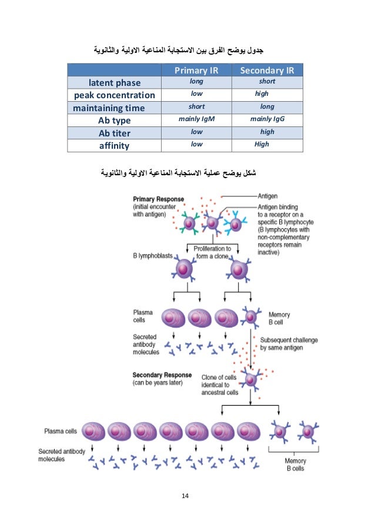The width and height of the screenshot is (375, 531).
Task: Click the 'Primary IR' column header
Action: coord(196,71)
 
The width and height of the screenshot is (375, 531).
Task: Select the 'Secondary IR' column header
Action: coord(267,71)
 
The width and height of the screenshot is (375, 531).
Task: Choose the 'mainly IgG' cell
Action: coord(267,119)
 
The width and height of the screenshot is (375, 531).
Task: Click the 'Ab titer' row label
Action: coord(114,132)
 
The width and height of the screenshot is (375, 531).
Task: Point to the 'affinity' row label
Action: coord(114,145)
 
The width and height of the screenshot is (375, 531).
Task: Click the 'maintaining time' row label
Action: coord(109,108)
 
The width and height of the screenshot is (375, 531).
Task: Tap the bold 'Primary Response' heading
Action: coord(159,199)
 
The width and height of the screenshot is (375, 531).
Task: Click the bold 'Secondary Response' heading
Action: coord(162,375)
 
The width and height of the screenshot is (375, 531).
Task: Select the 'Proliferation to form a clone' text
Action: coord(212,252)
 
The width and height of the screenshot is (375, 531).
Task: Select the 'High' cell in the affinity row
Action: coord(262,144)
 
